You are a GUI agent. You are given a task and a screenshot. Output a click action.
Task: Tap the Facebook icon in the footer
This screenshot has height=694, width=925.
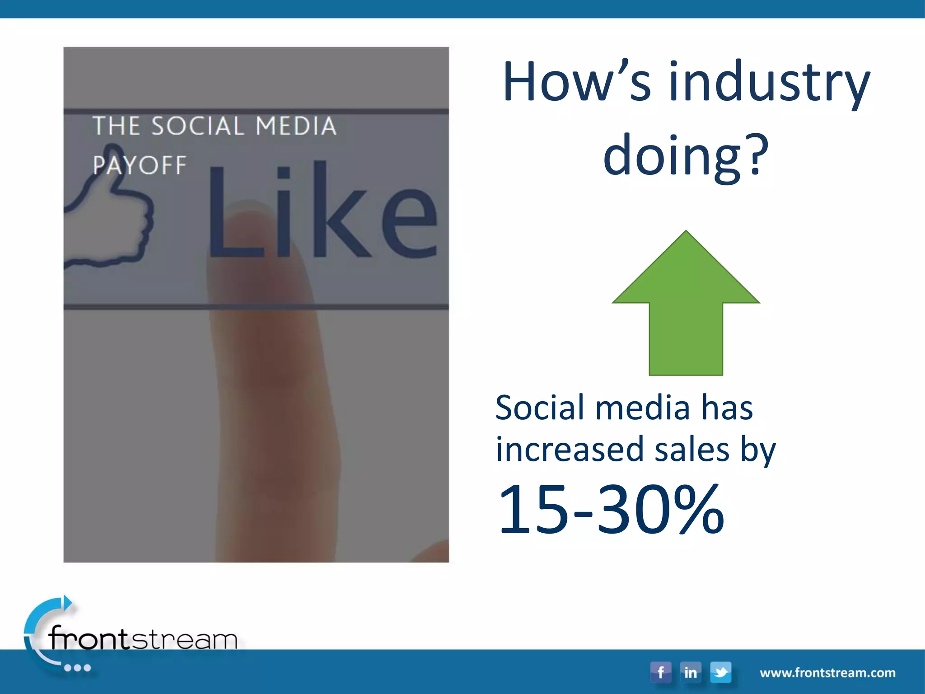point(660,672)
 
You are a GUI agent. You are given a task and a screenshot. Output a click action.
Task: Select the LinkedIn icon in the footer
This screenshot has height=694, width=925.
point(690,672)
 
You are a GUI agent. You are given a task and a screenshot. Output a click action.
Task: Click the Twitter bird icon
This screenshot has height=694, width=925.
point(720,672)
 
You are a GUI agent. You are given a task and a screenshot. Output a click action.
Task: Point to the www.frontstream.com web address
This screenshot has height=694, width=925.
point(827,673)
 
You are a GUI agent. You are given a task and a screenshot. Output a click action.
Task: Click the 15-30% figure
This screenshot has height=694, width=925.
point(611,509)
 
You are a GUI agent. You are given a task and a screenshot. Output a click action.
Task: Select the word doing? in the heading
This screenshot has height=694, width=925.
point(686,156)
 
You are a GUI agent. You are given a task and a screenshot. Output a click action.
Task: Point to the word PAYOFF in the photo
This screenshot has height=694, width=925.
point(140,165)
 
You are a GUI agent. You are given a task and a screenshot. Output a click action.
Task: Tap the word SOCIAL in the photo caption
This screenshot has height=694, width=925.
point(198,126)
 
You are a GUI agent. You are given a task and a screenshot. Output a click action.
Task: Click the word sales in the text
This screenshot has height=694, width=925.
point(692,450)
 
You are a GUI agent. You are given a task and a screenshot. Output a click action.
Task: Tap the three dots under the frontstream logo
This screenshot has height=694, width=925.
point(77,668)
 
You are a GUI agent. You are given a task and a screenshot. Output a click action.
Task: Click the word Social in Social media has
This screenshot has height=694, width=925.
point(540,408)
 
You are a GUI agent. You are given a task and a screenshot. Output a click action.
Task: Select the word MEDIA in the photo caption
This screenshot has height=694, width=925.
point(296,126)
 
